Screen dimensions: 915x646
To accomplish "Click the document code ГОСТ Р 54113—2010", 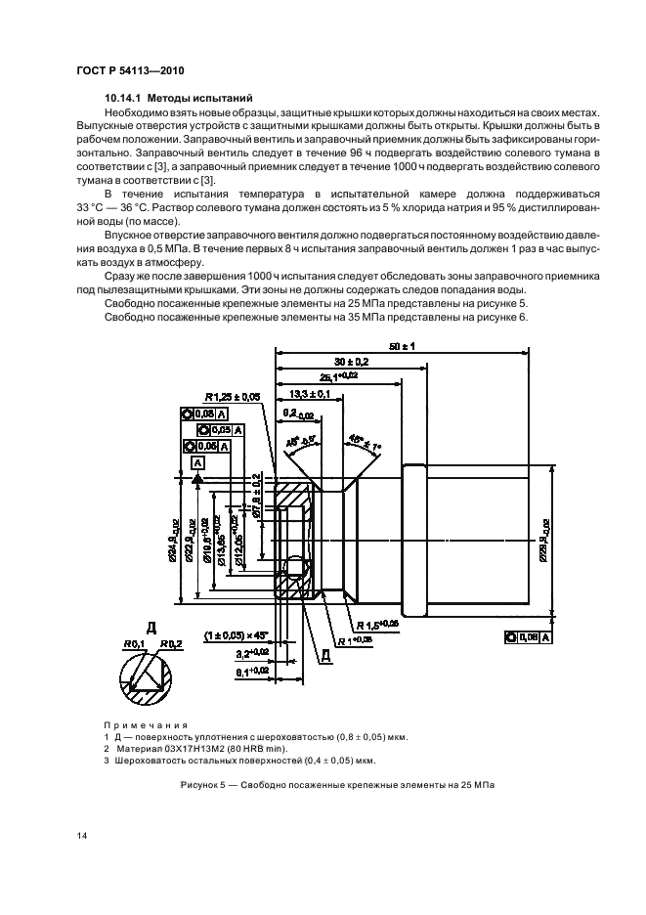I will click(130, 71).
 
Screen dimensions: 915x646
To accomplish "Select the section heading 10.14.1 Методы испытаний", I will click(179, 99).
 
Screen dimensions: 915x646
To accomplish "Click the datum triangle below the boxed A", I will click(198, 479).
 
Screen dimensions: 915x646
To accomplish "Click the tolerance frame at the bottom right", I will click(529, 636).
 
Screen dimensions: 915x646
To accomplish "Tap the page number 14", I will click(81, 834).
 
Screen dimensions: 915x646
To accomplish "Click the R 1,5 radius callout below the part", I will click(378, 623).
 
